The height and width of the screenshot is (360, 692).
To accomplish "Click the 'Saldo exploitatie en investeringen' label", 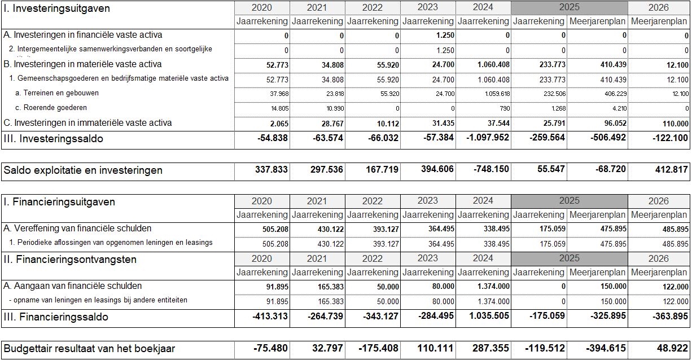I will (83, 170).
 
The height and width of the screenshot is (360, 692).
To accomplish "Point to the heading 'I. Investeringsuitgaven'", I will (56, 8).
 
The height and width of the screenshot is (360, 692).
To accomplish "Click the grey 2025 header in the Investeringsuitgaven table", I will (569, 8).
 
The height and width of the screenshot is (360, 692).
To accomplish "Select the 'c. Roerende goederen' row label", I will (51, 107).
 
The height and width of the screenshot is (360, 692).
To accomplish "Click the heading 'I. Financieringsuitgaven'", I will (59, 201).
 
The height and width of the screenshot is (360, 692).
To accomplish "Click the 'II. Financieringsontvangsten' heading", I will (70, 260).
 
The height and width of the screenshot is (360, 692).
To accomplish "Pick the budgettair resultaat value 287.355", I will (490, 349).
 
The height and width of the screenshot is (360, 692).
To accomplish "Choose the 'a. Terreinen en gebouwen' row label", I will (57, 93).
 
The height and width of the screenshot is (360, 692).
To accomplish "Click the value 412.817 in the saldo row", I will (667, 170).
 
